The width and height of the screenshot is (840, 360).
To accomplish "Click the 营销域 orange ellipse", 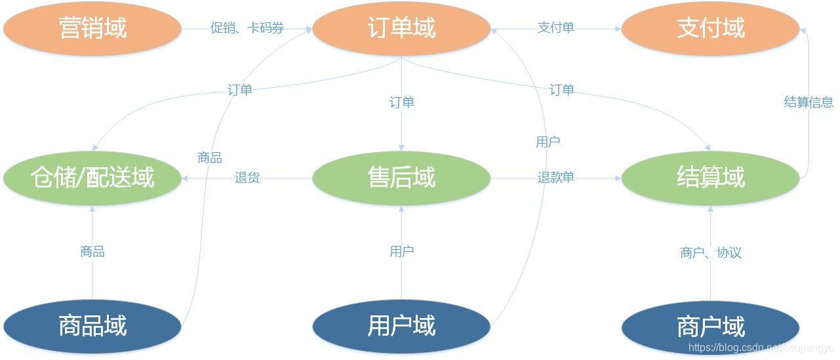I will pyautogui.click(x=92, y=28).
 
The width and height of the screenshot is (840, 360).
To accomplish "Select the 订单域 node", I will pyautogui.click(x=401, y=28).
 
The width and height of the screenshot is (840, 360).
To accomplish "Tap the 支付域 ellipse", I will pyautogui.click(x=710, y=28).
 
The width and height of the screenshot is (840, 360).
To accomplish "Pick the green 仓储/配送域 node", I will pyautogui.click(x=92, y=178).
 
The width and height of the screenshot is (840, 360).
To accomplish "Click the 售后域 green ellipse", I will pyautogui.click(x=401, y=178).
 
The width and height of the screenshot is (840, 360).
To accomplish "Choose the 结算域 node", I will pyautogui.click(x=710, y=178).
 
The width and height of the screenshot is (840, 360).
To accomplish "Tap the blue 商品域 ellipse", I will pyautogui.click(x=92, y=326).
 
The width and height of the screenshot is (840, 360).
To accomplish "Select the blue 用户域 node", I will pyautogui.click(x=401, y=326).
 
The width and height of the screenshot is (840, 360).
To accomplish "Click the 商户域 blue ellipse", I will pyautogui.click(x=710, y=326).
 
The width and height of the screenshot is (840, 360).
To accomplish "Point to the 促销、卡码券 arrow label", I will pyautogui.click(x=247, y=28).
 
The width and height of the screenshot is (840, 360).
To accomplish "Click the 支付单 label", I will pyautogui.click(x=555, y=28).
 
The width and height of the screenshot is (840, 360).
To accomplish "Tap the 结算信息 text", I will pyautogui.click(x=809, y=102).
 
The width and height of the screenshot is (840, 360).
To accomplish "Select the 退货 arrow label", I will pyautogui.click(x=247, y=178).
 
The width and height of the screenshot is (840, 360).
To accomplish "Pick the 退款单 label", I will pyautogui.click(x=555, y=178).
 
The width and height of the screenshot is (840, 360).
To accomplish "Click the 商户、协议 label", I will pyautogui.click(x=711, y=252).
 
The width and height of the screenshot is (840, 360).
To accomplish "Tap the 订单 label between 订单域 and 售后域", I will pyautogui.click(x=401, y=103).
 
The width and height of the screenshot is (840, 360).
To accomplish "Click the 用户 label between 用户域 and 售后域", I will pyautogui.click(x=401, y=251).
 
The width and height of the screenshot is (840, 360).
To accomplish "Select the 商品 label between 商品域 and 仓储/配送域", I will pyautogui.click(x=92, y=252).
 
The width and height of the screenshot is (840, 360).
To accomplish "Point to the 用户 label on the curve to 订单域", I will pyautogui.click(x=548, y=142).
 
